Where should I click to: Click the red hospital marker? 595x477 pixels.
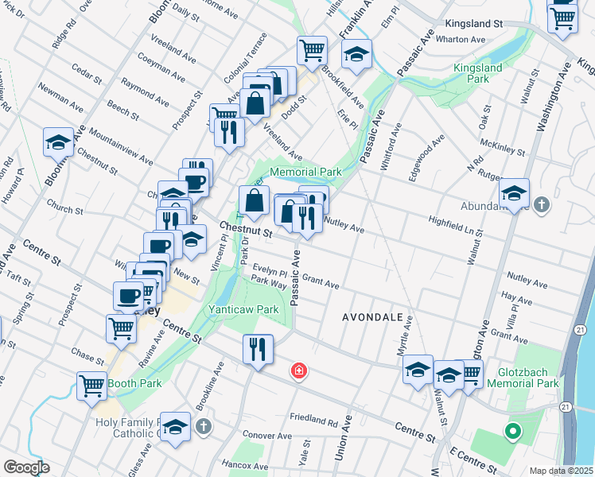299,371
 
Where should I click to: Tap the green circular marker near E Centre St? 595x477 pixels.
513,432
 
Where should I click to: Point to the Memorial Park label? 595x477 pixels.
305,172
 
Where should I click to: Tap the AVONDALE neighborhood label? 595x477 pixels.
373,316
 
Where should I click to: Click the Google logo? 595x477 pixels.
26,467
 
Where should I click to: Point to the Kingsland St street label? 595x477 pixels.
474,25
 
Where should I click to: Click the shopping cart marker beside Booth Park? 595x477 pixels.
92,386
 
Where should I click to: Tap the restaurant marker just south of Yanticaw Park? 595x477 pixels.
258,348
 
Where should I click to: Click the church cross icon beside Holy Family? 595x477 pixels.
204,427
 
